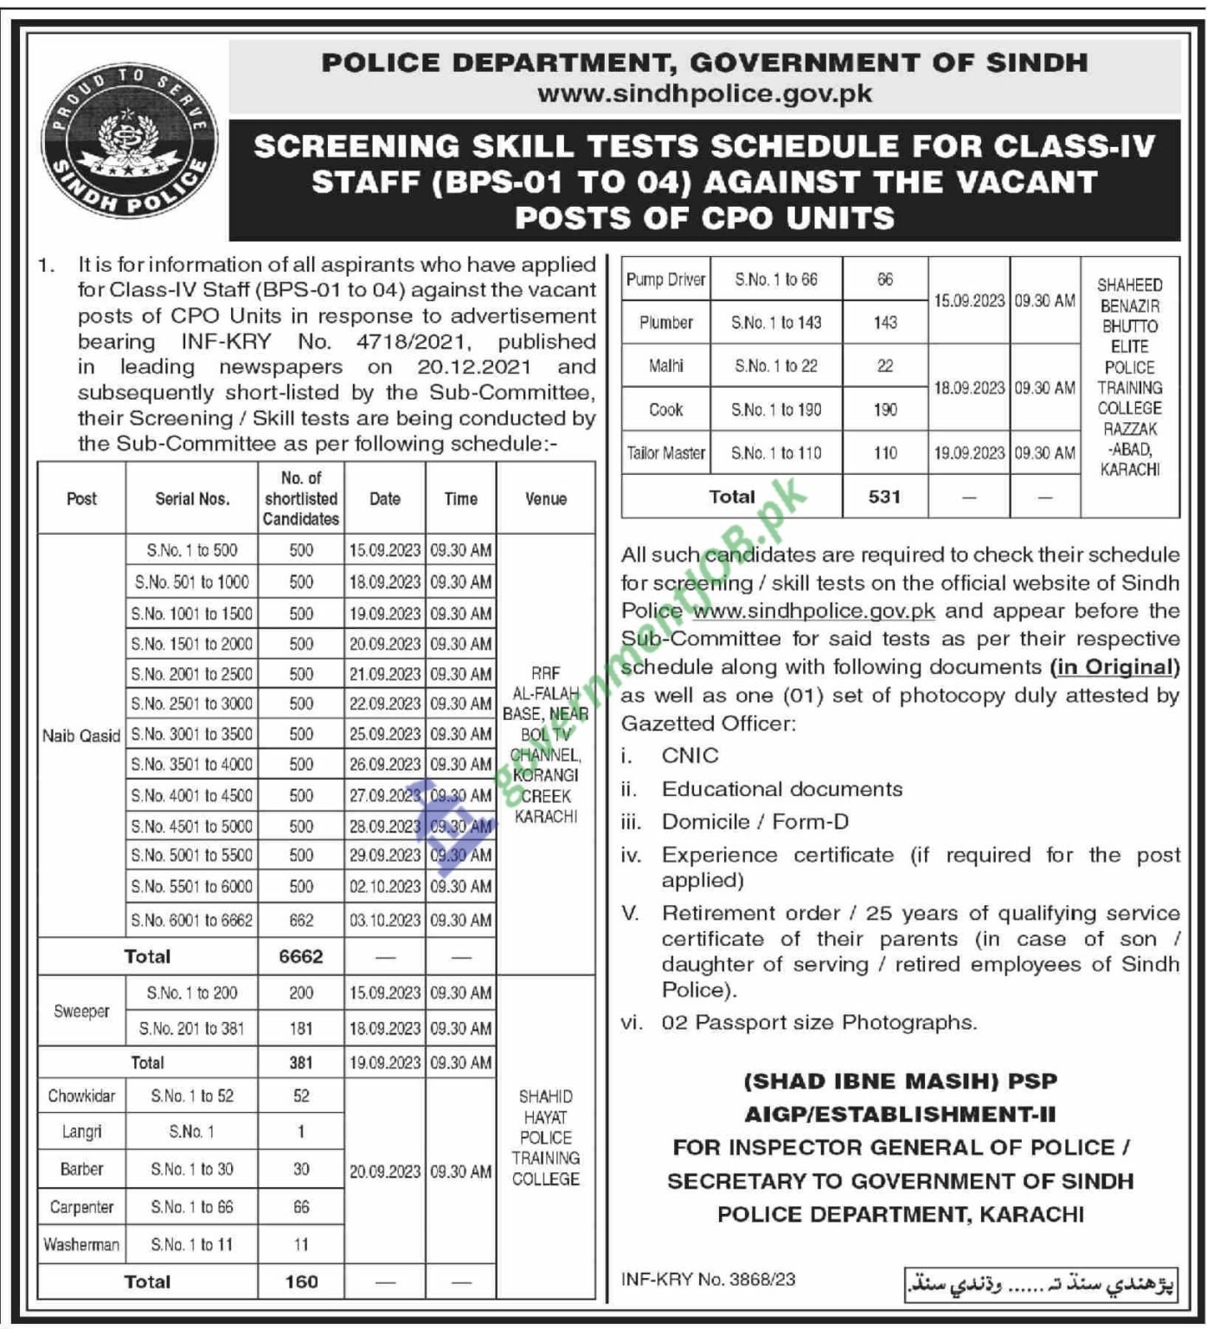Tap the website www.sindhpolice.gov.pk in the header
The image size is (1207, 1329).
point(704,93)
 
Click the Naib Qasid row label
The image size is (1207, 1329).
point(81,736)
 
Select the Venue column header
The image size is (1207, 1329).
point(545,498)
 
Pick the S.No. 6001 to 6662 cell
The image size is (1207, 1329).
point(191,921)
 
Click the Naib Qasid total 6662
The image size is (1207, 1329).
point(300,957)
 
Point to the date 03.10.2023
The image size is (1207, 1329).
point(384,921)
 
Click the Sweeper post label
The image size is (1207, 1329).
point(81,1011)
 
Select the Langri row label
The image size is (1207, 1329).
point(81,1132)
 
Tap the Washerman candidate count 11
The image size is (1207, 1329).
point(300,1245)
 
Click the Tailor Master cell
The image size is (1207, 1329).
point(665,453)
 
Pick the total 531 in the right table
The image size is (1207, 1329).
point(884,498)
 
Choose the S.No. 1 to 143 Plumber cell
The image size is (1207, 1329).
point(775,323)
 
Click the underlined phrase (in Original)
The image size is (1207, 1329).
point(1114,667)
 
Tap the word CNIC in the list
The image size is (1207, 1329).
point(690,755)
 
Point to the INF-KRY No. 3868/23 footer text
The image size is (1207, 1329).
point(708,1280)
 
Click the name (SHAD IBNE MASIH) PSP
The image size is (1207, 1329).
point(900,1082)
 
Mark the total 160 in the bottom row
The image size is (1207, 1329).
point(301,1282)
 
